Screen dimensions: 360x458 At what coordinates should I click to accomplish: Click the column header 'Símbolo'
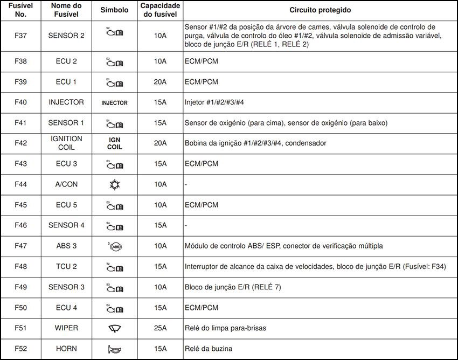[114, 10]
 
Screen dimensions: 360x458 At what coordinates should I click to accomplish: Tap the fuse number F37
[21, 36]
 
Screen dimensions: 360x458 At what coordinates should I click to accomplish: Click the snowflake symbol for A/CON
[114, 184]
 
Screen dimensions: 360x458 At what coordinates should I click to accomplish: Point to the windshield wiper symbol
[114, 328]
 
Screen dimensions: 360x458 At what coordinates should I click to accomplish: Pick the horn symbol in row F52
[114, 349]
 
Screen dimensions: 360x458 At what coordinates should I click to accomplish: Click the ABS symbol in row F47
[114, 246]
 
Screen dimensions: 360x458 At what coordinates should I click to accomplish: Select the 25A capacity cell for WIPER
[160, 328]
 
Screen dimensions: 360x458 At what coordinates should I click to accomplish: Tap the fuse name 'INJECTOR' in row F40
[66, 102]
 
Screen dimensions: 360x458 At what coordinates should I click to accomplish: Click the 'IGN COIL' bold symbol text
[114, 143]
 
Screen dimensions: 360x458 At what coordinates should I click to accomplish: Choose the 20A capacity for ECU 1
[160, 81]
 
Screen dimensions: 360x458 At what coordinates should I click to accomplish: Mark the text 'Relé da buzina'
[209, 349]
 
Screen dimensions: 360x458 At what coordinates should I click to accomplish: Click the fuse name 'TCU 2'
[66, 267]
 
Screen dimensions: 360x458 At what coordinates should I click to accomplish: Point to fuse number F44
[21, 184]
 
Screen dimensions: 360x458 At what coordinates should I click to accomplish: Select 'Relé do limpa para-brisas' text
[225, 328]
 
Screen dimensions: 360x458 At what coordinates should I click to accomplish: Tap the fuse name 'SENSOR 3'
[66, 287]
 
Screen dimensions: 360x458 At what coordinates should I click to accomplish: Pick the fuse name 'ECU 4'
[66, 308]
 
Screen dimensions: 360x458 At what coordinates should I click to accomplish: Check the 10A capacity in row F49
[160, 287]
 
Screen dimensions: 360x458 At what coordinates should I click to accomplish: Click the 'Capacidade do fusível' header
[160, 10]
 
